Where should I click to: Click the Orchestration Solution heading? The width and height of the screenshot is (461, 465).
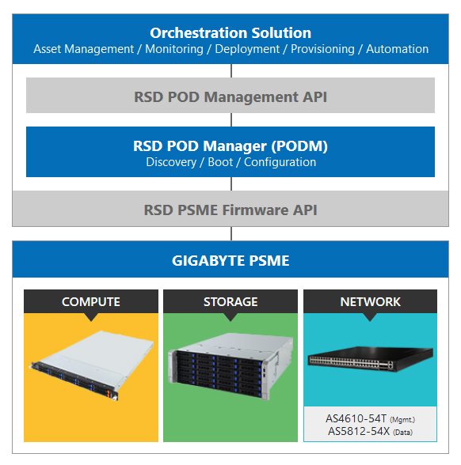click(230, 33)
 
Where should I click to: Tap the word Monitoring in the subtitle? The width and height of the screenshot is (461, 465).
click(174, 49)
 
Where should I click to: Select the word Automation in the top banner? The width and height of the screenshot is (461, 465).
click(397, 49)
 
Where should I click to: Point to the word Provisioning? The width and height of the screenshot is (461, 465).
click(322, 49)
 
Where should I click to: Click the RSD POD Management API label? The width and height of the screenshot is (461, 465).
click(230, 97)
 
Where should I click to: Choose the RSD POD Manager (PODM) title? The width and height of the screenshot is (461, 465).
click(230, 146)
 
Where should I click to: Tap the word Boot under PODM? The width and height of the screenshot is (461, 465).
click(220, 162)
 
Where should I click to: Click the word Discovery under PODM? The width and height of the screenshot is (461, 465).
click(171, 163)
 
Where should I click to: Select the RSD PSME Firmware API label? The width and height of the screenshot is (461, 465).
click(230, 210)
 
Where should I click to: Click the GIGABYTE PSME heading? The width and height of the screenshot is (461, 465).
click(230, 261)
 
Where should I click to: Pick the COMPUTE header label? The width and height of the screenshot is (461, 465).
click(91, 302)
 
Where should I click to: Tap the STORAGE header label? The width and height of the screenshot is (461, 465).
click(230, 302)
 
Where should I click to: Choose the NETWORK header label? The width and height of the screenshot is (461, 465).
click(371, 302)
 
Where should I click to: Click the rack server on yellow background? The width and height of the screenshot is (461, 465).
click(92, 365)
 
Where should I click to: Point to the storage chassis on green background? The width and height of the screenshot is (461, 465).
click(230, 366)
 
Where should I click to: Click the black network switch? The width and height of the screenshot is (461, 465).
click(371, 359)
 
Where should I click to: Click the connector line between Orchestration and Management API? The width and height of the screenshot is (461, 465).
click(231, 71)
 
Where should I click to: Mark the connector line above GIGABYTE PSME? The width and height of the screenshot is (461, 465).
click(231, 234)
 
